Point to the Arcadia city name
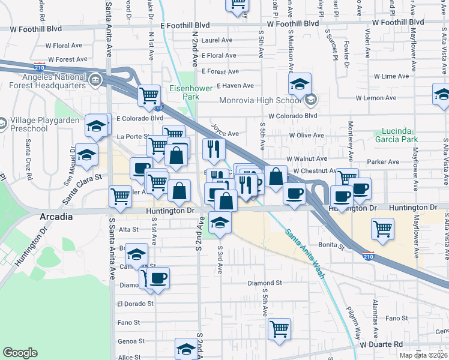[57, 216]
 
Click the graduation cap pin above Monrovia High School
[300, 85]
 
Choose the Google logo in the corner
[20, 353]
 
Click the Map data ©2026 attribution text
[423, 355]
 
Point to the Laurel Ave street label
[217, 40]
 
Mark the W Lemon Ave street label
[376, 97]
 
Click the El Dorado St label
[136, 304]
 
